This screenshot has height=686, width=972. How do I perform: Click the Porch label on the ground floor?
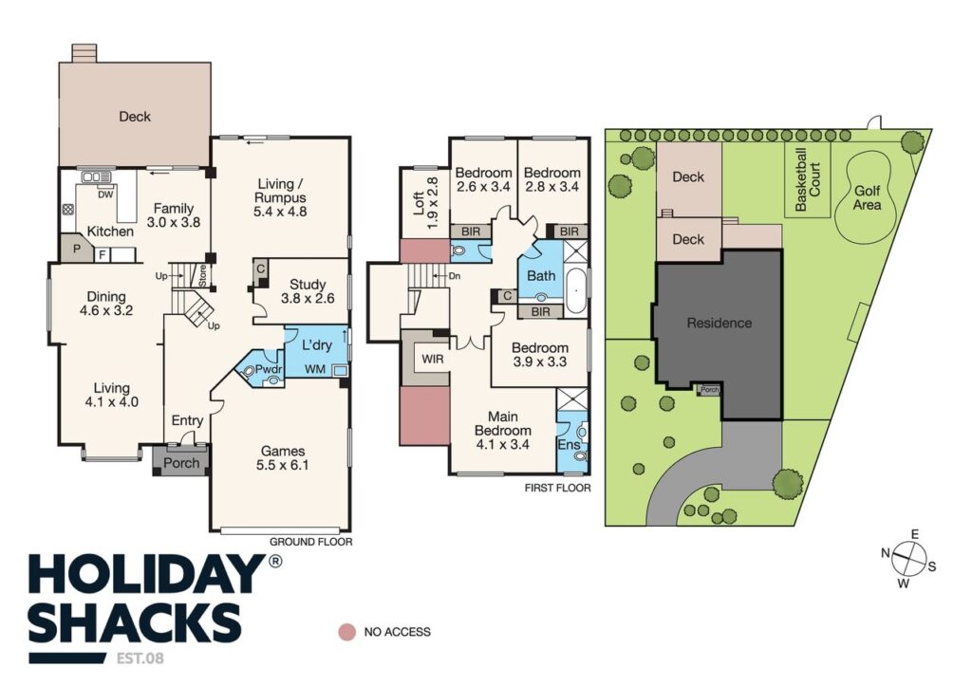(x=181, y=463)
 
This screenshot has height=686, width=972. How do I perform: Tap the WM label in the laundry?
(x=315, y=369)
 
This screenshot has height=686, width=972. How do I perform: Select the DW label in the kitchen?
(x=105, y=194)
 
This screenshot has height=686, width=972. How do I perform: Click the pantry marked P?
(x=77, y=250)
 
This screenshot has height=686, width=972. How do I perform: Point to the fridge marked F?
(x=103, y=254)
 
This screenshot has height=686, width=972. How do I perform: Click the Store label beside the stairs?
(x=203, y=275)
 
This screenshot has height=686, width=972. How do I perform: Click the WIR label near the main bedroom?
(x=433, y=359)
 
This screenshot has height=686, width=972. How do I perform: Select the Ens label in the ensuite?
(x=569, y=444)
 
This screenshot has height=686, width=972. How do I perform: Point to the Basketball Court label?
(x=808, y=178)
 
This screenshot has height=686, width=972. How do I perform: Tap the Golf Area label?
(x=867, y=197)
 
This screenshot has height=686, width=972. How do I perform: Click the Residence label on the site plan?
(x=720, y=323)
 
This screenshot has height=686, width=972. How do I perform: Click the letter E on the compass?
(x=914, y=534)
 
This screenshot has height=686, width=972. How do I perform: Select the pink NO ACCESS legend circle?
(x=347, y=632)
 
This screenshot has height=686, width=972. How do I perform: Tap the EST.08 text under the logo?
(x=140, y=658)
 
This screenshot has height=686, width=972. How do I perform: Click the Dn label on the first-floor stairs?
(x=455, y=276)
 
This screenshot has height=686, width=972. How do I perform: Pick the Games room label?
(x=283, y=458)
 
